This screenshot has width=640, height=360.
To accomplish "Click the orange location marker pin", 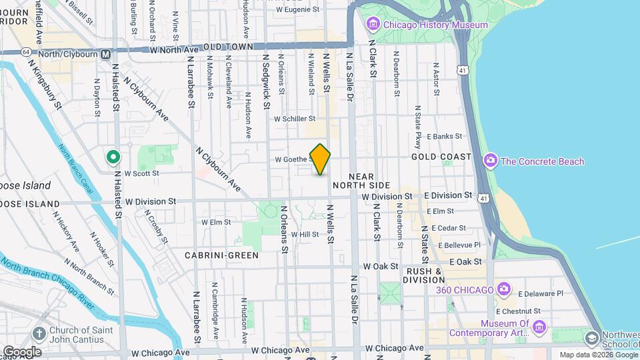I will click(321, 159).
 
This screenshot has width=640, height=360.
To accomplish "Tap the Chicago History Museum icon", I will click(372, 25).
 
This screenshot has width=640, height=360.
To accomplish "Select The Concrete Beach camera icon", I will click(491, 161).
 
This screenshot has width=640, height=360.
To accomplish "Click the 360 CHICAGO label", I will click(465, 290).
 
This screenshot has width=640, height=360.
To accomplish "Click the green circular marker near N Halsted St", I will click(113, 157).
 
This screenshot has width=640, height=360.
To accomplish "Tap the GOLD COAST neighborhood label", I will click(441, 157).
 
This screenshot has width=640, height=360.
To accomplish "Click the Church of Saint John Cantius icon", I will click(40, 333).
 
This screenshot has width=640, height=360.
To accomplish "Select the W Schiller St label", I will click(295, 119).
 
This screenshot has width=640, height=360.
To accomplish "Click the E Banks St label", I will click(444, 136).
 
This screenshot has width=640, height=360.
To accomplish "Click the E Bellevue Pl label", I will click(460, 245).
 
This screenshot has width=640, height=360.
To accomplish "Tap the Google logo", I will click(22, 351).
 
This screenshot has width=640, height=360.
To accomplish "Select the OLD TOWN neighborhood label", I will click(228, 47).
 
